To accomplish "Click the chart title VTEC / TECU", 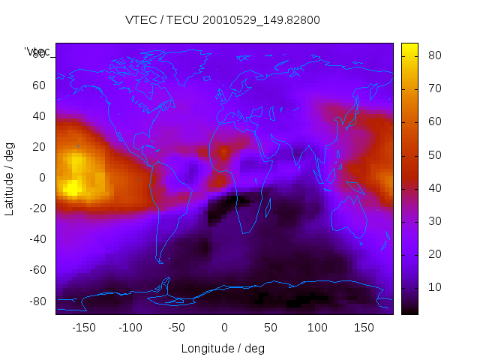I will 223,20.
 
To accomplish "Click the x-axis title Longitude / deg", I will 223,348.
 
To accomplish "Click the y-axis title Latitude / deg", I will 10,178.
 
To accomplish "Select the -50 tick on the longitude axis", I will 177,328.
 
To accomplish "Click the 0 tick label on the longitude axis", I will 224,328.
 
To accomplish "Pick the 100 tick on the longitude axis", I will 317,328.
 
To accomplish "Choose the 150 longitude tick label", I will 364,328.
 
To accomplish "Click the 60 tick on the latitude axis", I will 39,85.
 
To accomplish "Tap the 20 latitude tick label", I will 39,147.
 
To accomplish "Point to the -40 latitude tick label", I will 36,239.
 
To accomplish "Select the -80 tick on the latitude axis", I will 36,301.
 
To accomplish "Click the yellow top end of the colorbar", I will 409,47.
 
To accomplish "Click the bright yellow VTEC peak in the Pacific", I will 72,187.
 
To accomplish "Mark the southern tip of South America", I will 160,262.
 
